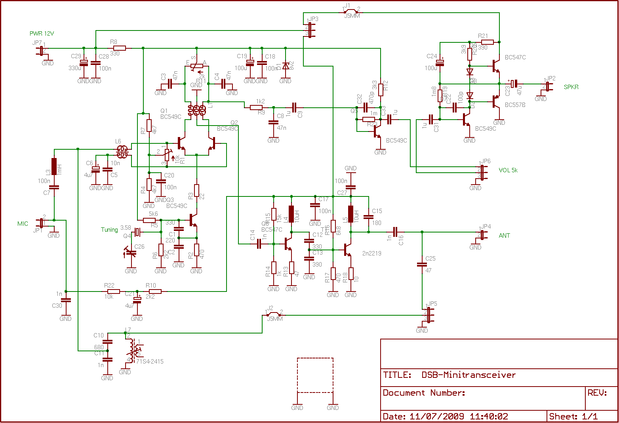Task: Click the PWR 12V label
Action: pos(42,34)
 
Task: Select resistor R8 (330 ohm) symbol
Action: pos(120,48)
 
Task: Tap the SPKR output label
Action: pos(571,87)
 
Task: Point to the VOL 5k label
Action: pos(508,170)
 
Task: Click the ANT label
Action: pos(504,236)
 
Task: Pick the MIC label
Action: pos(23,224)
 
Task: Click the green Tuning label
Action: pos(109,230)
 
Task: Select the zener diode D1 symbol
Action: pos(285,66)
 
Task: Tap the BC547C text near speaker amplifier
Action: pos(515,57)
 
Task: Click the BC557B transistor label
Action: pos(515,105)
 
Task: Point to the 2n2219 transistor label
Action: pos(371,253)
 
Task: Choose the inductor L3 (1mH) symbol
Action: pos(54,166)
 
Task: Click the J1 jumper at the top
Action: pos(350,11)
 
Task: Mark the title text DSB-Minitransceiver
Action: pos(469,375)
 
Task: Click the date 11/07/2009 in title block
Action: pos(436,417)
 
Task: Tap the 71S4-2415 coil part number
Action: pos(150,362)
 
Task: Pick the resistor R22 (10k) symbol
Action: pos(114,292)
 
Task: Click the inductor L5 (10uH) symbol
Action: pos(350,214)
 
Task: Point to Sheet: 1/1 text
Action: pos(573,417)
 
